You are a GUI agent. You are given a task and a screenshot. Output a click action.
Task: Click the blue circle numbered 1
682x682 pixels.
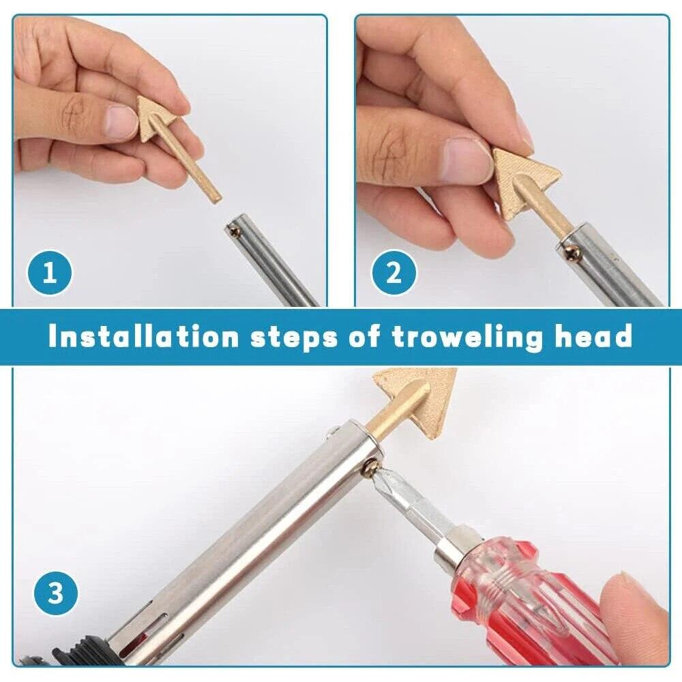(50, 274)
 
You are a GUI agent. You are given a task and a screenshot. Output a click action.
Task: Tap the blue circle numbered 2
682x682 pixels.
(394, 274)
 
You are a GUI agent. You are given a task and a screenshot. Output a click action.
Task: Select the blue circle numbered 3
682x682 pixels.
(55, 593)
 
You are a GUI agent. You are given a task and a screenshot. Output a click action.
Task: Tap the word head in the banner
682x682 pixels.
(592, 337)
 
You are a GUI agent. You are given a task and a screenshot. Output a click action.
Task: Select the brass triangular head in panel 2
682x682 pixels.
(522, 179)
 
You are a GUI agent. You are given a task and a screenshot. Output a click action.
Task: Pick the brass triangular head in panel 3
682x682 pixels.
(423, 396)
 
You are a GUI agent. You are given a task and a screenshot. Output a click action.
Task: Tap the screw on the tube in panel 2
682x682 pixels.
(572, 253)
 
